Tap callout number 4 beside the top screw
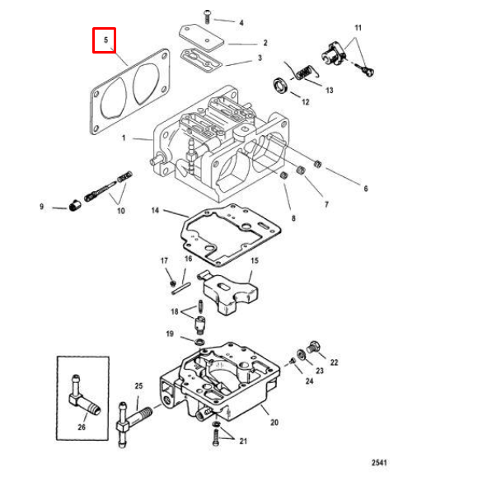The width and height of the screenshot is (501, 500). point(241,22)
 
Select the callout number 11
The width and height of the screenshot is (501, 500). point(358,28)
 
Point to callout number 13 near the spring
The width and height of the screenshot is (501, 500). point(329,90)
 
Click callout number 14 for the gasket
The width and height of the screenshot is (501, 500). point(154,211)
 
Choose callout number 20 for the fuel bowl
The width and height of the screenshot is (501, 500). point(274,423)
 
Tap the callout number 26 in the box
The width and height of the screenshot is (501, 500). point(81,427)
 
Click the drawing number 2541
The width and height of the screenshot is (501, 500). point(379,462)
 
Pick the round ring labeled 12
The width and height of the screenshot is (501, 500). point(280,86)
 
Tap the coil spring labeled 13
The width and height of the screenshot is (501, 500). point(301,72)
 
